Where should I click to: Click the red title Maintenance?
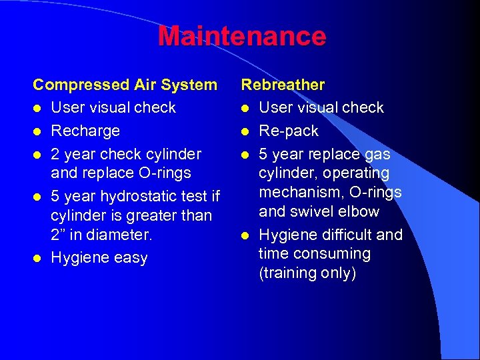[x=242, y=36]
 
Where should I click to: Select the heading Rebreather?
[x=283, y=85]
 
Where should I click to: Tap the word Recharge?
[x=85, y=131]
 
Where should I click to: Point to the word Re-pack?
[x=289, y=131]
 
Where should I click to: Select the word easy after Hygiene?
[x=131, y=258]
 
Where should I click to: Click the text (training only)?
[x=308, y=273]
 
